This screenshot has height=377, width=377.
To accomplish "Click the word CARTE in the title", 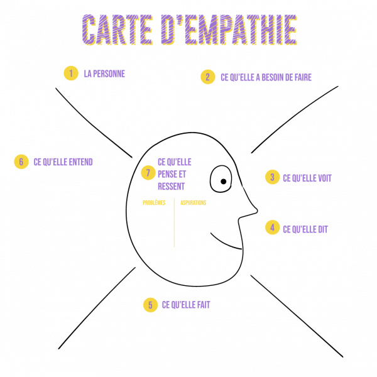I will point(116,30).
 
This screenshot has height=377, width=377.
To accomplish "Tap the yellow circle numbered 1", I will point(71,74).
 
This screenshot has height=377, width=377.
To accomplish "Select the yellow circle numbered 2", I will point(208,77).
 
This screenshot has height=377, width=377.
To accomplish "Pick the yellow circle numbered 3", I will point(272,177).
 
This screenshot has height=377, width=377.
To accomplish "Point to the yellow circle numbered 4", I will point(272,227).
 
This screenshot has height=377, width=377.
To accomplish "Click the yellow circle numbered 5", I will point(150,305).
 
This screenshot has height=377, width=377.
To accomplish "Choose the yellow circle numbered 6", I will point(21,161).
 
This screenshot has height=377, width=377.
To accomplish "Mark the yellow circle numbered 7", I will point(148,173).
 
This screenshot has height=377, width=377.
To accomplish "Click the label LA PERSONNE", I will point(104,74).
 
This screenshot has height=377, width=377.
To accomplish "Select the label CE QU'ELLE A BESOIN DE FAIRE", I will point(266,77).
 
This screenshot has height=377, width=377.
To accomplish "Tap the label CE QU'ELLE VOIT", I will point(307,178).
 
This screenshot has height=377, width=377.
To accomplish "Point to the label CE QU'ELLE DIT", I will point(305,229).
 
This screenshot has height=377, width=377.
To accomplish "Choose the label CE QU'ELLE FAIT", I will point(186,305).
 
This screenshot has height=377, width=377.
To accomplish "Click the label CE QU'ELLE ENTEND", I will point(63,162).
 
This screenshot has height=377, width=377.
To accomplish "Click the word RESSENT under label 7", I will point(171,187).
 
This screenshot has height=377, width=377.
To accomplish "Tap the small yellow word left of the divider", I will point(154,203).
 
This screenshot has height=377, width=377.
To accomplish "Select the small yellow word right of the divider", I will point(193,203).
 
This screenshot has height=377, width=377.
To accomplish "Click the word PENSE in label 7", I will point(167,174).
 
